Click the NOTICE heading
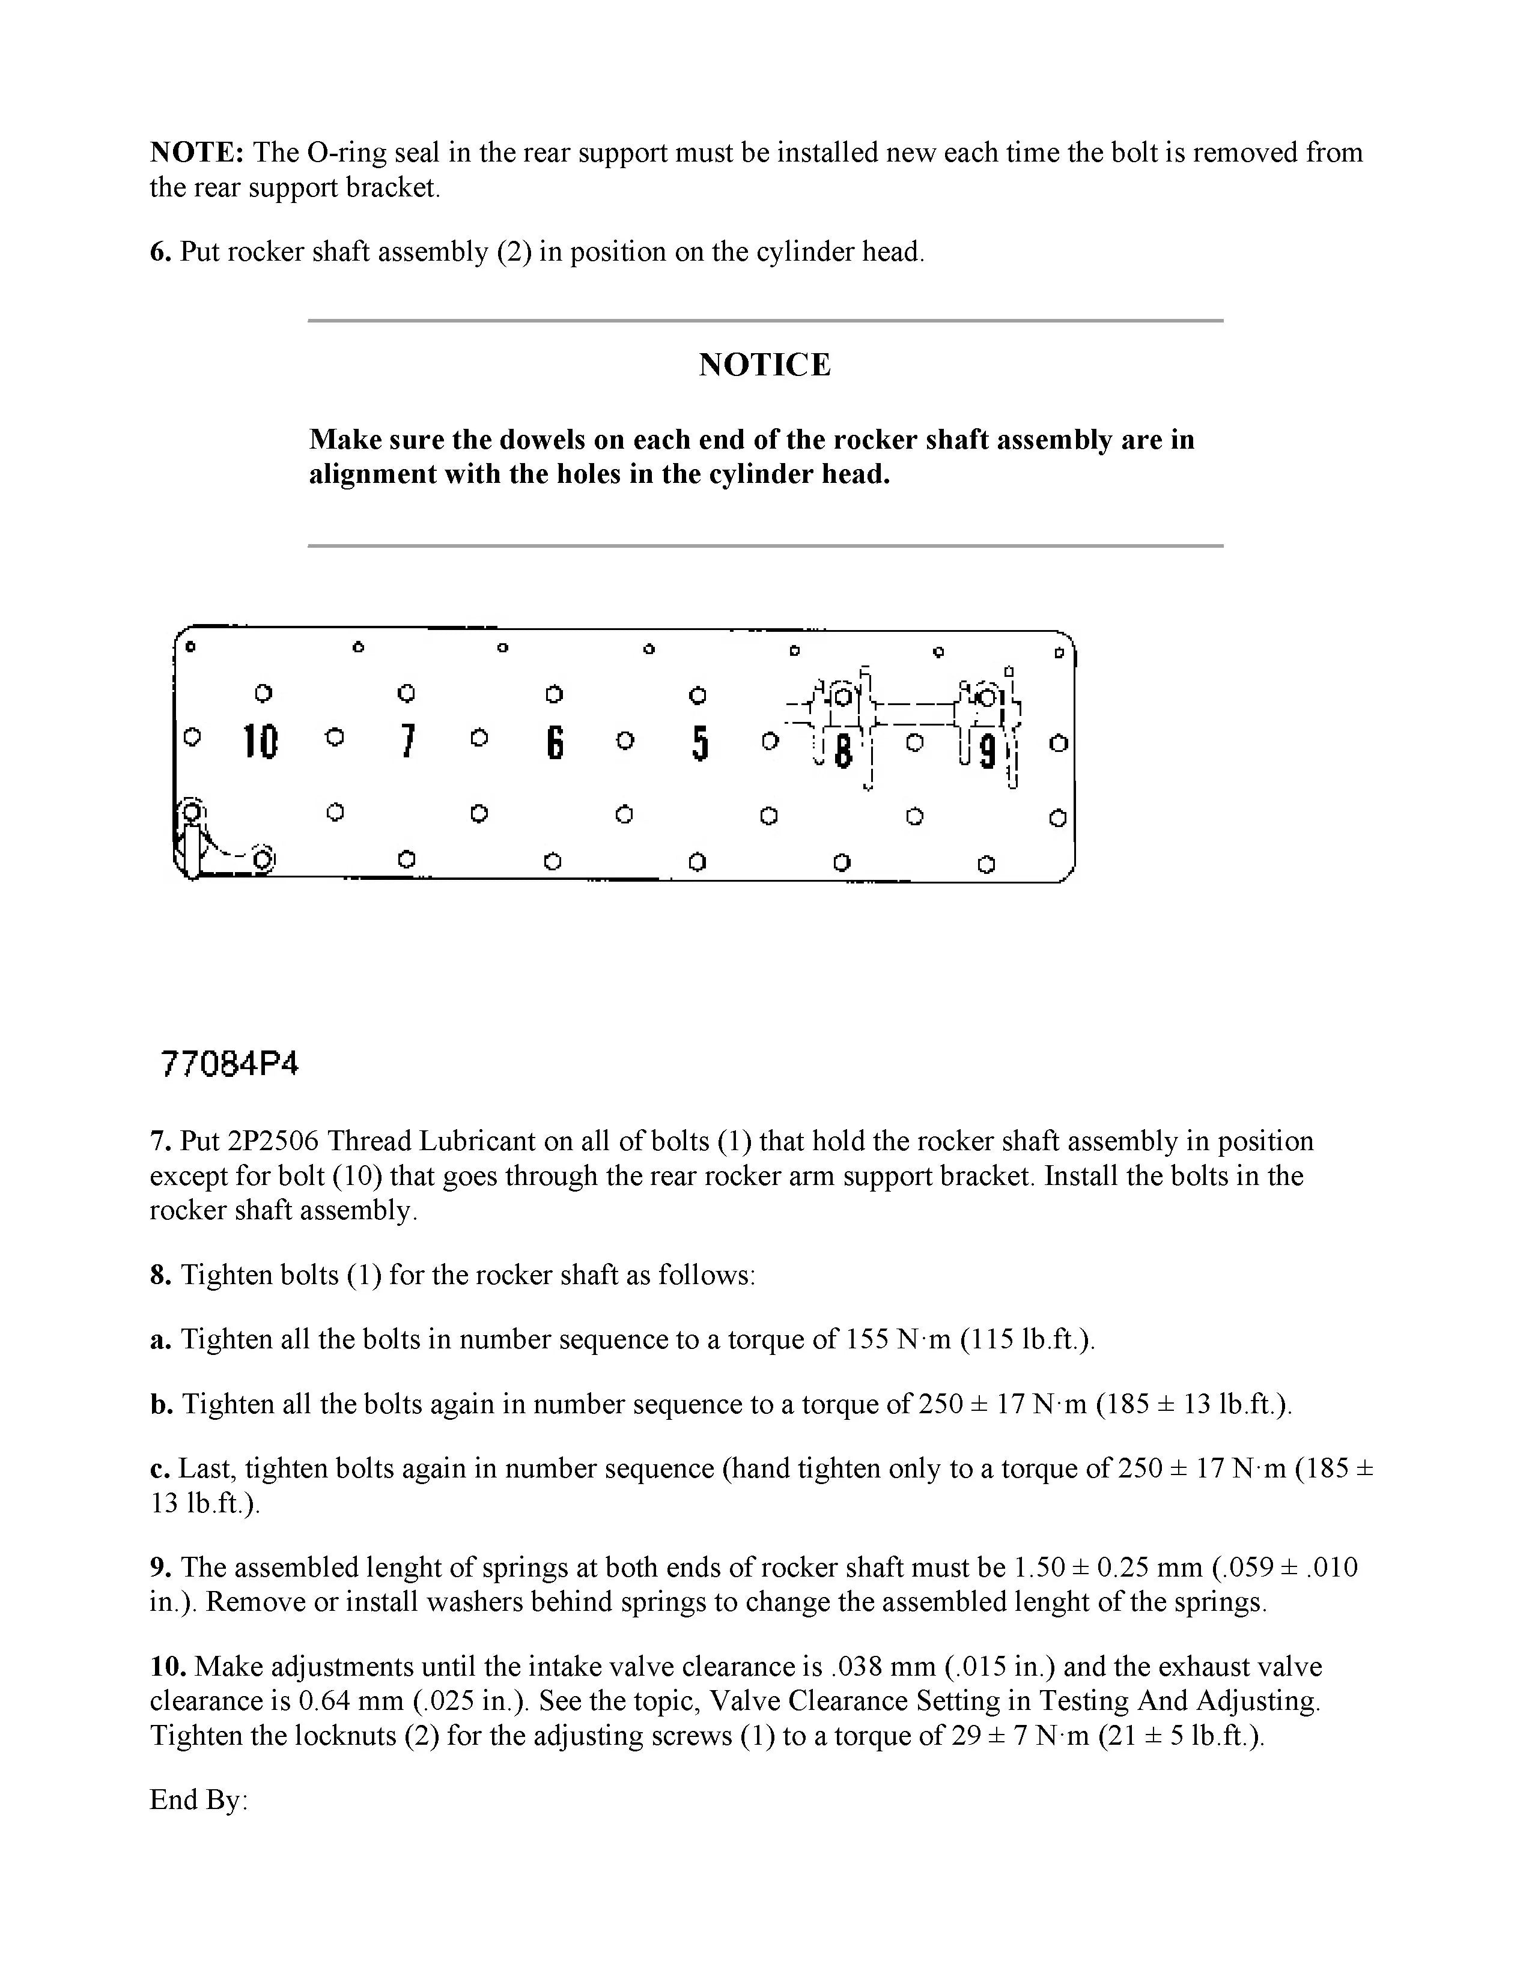tap(764, 365)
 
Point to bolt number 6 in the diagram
tap(555, 744)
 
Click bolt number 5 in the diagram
tap(699, 744)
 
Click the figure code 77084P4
tap(229, 1064)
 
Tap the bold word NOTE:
tap(196, 153)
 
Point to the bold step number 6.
tap(160, 252)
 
